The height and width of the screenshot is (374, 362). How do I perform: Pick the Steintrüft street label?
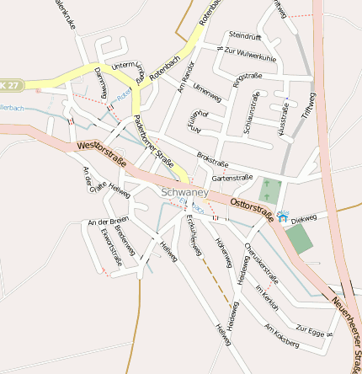245,35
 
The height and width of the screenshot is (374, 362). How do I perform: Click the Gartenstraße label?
233,178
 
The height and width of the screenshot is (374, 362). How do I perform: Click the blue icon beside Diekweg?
281,218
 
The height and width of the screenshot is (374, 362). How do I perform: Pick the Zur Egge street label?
310,329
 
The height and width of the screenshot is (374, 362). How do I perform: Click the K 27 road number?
9,86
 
